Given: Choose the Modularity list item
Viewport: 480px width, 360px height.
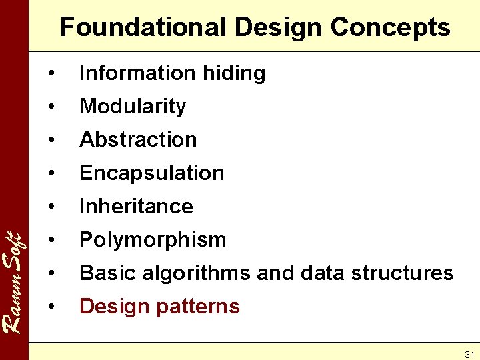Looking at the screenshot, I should click(x=133, y=106).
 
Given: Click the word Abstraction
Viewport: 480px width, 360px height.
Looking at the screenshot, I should click(x=138, y=139).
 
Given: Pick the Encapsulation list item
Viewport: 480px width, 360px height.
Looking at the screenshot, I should click(x=151, y=173).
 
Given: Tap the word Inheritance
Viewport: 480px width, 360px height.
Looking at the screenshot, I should click(x=136, y=206).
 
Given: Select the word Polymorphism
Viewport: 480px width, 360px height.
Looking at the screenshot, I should click(x=153, y=239).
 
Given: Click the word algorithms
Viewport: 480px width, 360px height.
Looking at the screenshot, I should click(x=193, y=273).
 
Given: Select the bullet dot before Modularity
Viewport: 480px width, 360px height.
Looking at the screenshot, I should click(x=51, y=107).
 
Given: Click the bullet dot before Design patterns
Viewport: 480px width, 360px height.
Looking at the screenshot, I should click(x=51, y=307).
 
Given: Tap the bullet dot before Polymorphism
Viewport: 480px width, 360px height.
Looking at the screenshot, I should click(x=51, y=240).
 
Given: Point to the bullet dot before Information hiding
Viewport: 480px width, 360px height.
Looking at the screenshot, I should click(x=51, y=73).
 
